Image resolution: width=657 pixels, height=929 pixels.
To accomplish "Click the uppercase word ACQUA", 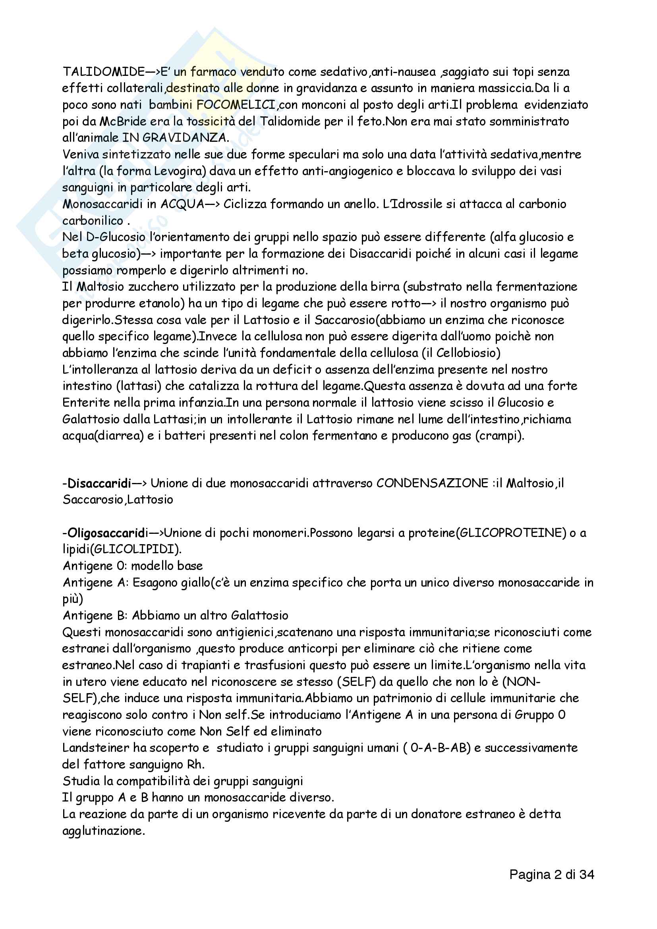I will (182, 204).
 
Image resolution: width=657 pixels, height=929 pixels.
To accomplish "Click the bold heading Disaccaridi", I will (99, 483).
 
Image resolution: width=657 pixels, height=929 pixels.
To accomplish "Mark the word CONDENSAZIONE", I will (432, 483).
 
